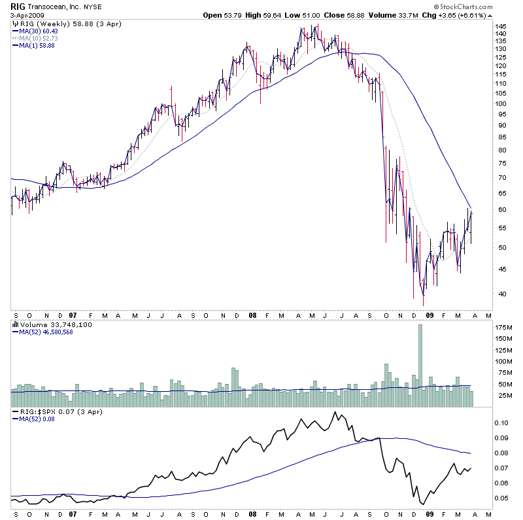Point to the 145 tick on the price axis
(x=501, y=27)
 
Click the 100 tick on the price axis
(x=501, y=103)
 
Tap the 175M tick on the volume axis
(x=503, y=326)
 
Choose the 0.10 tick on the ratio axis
(x=501, y=423)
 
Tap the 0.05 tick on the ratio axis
(x=501, y=498)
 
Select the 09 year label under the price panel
(x=430, y=315)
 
